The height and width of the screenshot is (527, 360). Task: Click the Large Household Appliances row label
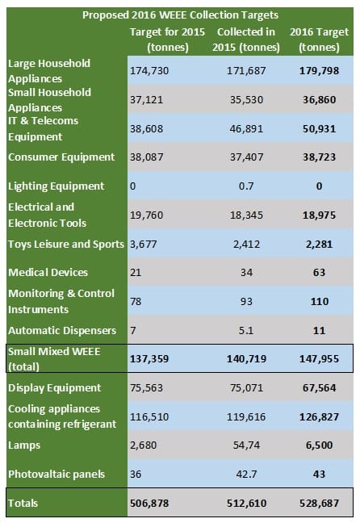pyautogui.click(x=49, y=71)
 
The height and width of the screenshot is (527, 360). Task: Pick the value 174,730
pyautogui.click(x=149, y=71)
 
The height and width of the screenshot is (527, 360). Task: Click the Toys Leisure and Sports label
pyautogui.click(x=65, y=244)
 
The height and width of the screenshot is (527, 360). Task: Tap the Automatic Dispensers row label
pyautogui.click(x=62, y=330)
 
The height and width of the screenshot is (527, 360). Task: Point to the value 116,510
pyautogui.click(x=149, y=416)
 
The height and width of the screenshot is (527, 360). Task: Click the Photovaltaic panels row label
pyautogui.click(x=56, y=474)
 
